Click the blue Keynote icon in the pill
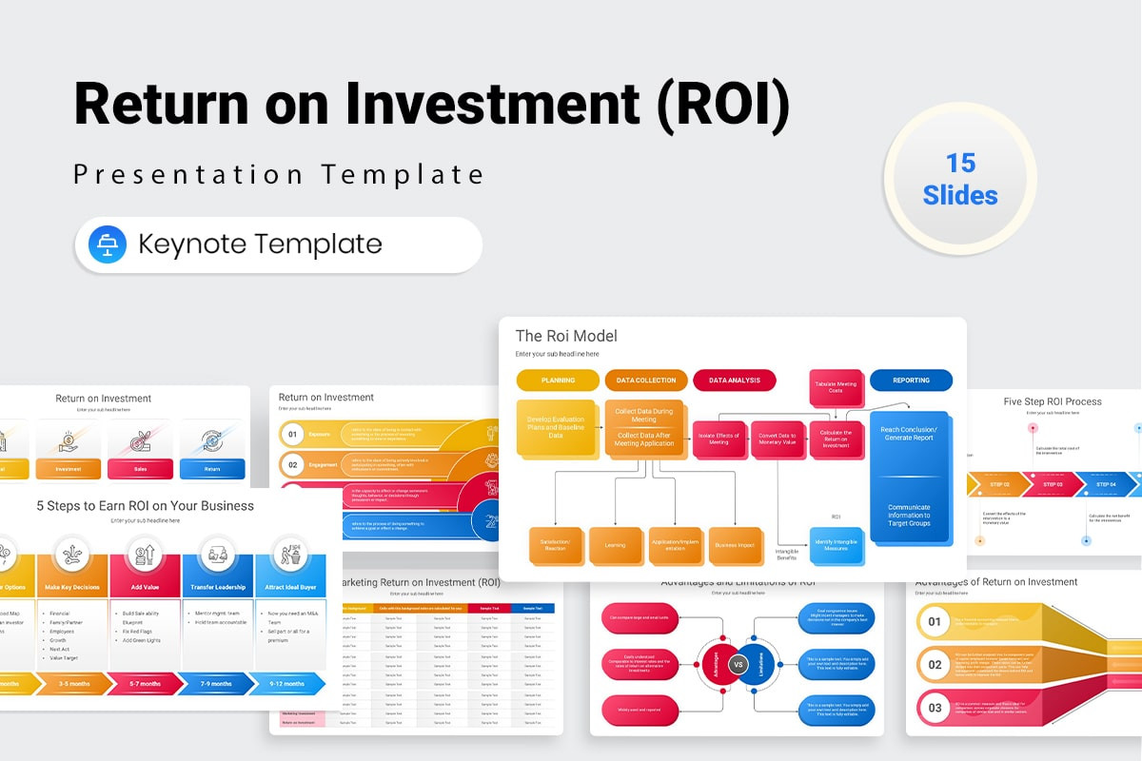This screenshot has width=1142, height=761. (x=108, y=244)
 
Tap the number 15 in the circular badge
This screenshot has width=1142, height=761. (x=960, y=163)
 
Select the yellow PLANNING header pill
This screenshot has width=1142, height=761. (x=558, y=380)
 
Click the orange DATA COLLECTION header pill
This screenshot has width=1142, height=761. (x=646, y=380)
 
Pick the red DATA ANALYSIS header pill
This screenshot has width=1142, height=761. (x=734, y=380)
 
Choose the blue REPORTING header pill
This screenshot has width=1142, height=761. (x=911, y=380)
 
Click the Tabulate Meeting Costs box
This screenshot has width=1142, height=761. (x=836, y=387)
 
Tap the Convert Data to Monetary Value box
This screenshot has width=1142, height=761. (x=778, y=439)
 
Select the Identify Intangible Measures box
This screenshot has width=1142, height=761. (x=837, y=546)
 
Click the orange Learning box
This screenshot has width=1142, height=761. (x=615, y=546)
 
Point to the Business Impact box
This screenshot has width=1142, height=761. (x=734, y=546)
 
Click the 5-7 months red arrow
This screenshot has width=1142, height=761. (x=144, y=683)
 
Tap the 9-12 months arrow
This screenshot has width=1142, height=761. (x=286, y=683)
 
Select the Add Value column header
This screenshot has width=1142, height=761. (x=144, y=587)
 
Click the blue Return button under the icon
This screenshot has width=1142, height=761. (x=212, y=469)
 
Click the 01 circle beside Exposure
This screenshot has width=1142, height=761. (x=293, y=435)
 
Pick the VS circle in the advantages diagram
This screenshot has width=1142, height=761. (x=737, y=664)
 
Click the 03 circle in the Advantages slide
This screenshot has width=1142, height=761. (x=935, y=708)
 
